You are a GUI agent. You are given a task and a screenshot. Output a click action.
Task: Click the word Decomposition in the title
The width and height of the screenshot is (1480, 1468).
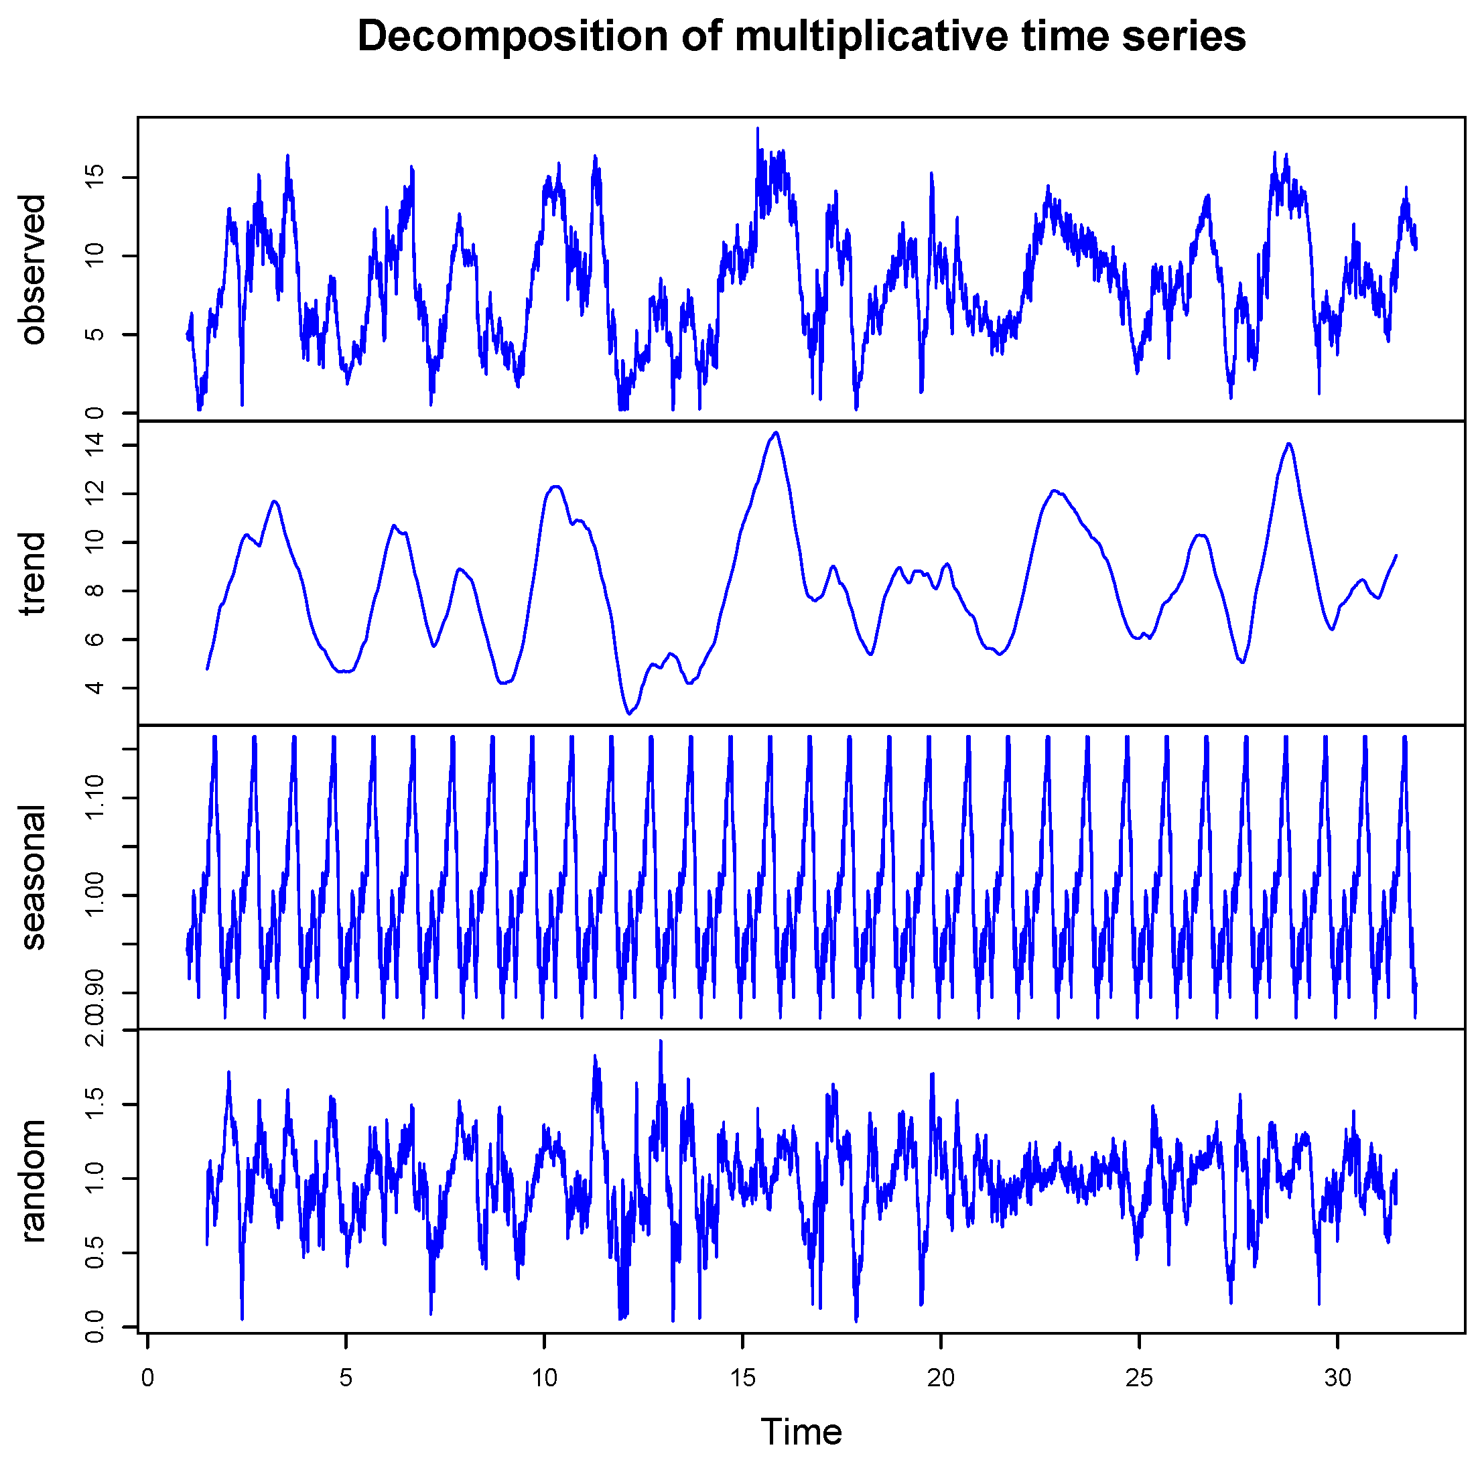pos(512,37)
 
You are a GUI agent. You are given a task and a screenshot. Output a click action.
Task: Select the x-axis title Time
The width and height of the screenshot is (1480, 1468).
pos(801,1431)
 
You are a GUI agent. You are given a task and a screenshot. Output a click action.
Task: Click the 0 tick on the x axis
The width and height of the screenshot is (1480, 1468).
pos(148,1378)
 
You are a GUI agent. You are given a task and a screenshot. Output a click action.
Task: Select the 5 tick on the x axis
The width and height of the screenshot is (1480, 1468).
pos(346,1378)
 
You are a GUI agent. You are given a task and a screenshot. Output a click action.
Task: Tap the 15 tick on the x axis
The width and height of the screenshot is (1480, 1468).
pos(742,1378)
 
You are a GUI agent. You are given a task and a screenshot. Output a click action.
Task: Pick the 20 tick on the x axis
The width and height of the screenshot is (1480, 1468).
pos(941,1378)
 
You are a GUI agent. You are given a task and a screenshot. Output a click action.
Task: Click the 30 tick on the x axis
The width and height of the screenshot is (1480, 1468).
pos(1337,1378)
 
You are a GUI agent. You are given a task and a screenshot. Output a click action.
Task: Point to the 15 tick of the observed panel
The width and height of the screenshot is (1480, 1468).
pos(94,178)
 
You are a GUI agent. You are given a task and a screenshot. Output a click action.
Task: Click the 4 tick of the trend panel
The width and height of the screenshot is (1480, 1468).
pos(94,687)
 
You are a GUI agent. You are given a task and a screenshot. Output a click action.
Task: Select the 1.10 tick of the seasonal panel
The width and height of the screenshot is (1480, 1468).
pos(94,799)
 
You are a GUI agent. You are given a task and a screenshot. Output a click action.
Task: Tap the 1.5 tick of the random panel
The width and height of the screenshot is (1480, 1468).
pos(94,1104)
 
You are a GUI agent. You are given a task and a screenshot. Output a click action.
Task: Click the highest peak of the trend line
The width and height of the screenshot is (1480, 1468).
pos(777,433)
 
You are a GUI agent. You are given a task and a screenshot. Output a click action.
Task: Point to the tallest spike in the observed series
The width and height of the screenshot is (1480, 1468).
pos(758,129)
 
